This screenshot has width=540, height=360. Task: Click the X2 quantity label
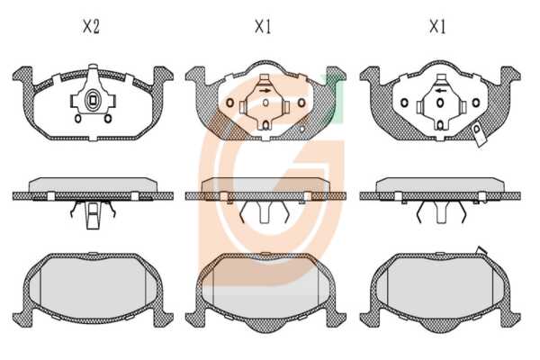pyautogui.click(x=91, y=26)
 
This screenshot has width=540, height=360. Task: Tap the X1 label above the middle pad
pyautogui.click(x=263, y=26)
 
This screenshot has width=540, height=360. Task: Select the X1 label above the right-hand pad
pyautogui.click(x=437, y=26)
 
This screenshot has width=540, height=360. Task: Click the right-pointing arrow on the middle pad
pyautogui.click(x=265, y=91)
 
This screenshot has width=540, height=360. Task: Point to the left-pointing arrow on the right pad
pyautogui.click(x=441, y=91)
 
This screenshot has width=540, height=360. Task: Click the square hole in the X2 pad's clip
pyautogui.click(x=93, y=100)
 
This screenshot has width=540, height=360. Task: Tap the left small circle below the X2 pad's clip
pyautogui.click(x=78, y=119)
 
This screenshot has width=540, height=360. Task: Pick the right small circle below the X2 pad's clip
pyautogui.click(x=108, y=119)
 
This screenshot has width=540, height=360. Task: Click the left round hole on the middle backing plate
pyautogui.click(x=229, y=103)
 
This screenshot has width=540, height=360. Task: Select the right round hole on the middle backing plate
pyautogui.click(x=301, y=103)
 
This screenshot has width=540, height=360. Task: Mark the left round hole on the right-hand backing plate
pyautogui.click(x=405, y=103)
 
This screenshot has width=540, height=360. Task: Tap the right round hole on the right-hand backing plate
pyautogui.click(x=476, y=103)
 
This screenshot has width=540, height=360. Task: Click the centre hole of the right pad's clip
pyautogui.click(x=440, y=103)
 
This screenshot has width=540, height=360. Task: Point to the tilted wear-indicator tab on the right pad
pyautogui.click(x=479, y=135)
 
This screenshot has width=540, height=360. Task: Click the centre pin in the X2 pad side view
pyautogui.click(x=93, y=216)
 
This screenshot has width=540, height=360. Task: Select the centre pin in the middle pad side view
pyautogui.click(x=265, y=212)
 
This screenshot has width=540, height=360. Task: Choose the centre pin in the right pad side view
pyautogui.click(x=441, y=212)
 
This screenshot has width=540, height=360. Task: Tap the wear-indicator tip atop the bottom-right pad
pyautogui.click(x=481, y=250)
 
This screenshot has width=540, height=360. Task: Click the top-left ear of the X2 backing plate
pyautogui.click(x=23, y=75)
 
